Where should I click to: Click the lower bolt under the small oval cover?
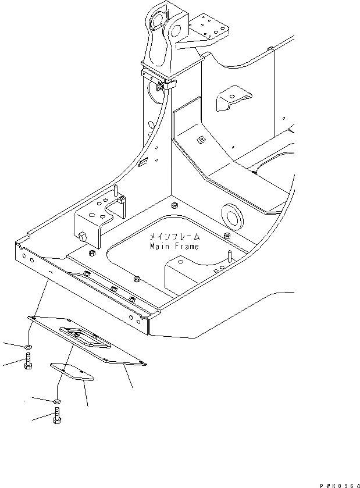click(x=56, y=416)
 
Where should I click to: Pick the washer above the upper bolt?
click(x=28, y=347)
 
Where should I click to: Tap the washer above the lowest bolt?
click(x=56, y=401)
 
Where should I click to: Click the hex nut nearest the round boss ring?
click(x=226, y=235)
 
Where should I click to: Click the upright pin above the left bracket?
click(x=116, y=191)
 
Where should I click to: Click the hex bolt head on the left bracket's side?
click(x=81, y=236)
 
